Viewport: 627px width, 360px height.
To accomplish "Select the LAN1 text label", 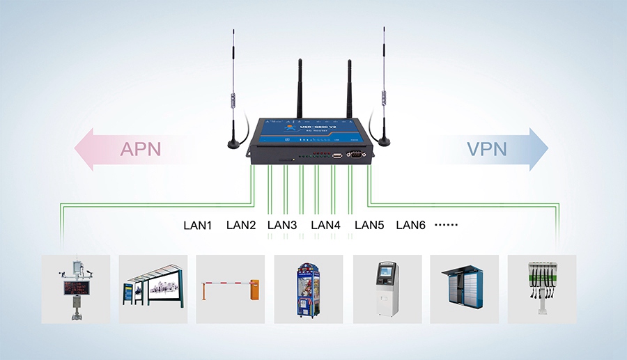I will coord(197,225).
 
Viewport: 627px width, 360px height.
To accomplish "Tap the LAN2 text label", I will coord(241,225).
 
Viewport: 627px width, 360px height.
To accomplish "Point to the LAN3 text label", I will coord(282,225).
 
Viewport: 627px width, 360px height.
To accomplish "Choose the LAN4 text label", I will coord(325,225).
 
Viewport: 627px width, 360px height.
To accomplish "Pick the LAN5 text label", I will coord(369,225).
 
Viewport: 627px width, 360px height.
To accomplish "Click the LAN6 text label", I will coord(410,225).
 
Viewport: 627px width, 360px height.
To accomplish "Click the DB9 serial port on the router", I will coord(355,155).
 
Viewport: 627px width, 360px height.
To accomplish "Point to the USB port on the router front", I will coord(336,155).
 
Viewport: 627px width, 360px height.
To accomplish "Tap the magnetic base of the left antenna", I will coord(233,144).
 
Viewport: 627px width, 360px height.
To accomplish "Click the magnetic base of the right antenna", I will coord(383,141).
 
